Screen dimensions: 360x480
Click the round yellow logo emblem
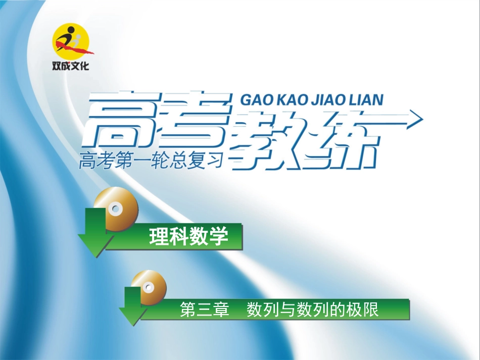click(x=71, y=41)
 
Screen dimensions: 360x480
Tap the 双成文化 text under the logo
click(x=71, y=66)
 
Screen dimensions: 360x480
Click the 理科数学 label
click(x=189, y=236)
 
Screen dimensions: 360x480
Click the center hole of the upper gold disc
click(x=116, y=208)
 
